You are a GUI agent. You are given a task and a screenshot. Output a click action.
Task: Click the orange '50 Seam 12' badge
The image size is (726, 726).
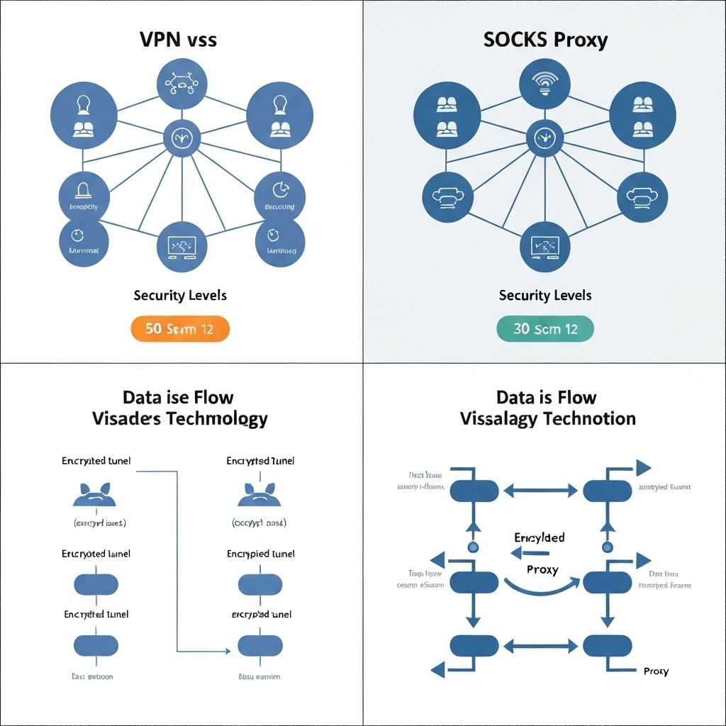180,329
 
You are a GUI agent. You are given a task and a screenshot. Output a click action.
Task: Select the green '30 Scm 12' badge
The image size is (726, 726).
544,329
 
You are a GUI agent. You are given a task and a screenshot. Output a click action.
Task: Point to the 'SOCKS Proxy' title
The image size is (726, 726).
545,40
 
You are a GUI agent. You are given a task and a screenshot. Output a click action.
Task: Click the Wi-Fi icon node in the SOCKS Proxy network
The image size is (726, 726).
544,84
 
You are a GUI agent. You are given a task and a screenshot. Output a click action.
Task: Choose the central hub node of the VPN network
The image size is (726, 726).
181,138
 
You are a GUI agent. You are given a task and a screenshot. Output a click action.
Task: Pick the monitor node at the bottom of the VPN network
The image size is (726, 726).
181,247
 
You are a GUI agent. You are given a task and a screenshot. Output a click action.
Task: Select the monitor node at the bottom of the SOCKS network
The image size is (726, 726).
544,246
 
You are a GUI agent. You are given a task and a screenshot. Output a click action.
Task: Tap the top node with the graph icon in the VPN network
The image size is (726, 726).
181,84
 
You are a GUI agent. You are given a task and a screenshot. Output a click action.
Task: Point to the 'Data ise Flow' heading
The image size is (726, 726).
178,397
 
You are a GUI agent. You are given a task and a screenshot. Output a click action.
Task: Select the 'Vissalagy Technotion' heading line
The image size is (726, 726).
547,418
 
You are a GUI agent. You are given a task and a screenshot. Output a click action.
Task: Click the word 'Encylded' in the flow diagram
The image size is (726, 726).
539,537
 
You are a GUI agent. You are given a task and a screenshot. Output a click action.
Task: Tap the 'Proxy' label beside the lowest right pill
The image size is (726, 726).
655,671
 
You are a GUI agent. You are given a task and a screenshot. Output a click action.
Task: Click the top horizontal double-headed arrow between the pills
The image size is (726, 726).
540,490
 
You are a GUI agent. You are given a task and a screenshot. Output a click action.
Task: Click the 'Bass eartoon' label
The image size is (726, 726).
92,676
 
